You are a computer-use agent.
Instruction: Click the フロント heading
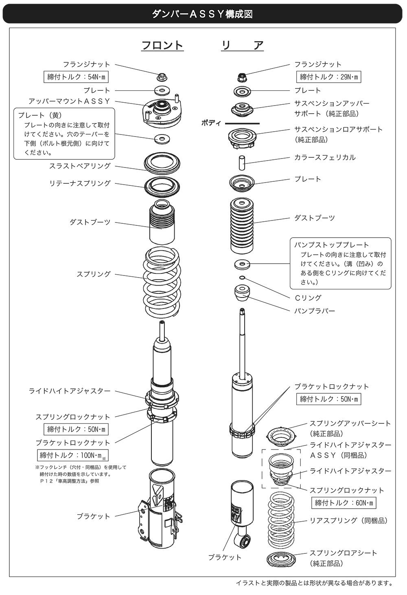[162, 45]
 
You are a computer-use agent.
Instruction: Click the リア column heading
[243, 45]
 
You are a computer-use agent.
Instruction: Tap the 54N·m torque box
[77, 77]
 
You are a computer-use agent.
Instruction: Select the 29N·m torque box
[328, 77]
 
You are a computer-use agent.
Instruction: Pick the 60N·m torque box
[344, 503]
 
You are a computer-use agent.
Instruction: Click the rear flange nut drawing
[242, 77]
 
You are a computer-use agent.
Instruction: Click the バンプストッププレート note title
[332, 245]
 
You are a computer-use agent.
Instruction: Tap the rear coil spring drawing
[282, 521]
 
